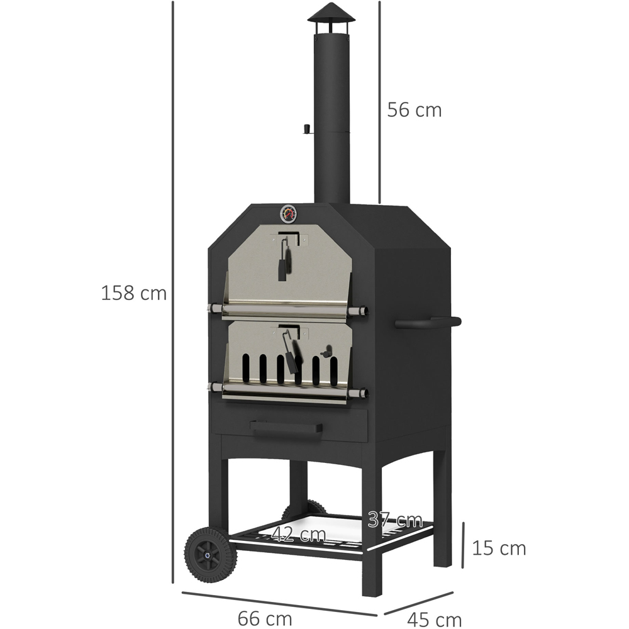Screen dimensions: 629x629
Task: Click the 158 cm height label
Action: [x=133, y=293]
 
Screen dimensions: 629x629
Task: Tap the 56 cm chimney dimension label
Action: [x=415, y=110]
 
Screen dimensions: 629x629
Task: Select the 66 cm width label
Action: [x=265, y=618]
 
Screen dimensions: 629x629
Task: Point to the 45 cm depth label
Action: [x=435, y=620]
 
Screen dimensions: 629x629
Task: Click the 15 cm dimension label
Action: [x=499, y=548]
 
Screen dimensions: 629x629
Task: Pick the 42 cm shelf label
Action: [x=298, y=534]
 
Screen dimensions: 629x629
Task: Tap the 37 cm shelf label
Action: [x=395, y=520]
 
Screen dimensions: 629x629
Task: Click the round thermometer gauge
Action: [x=289, y=213]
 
